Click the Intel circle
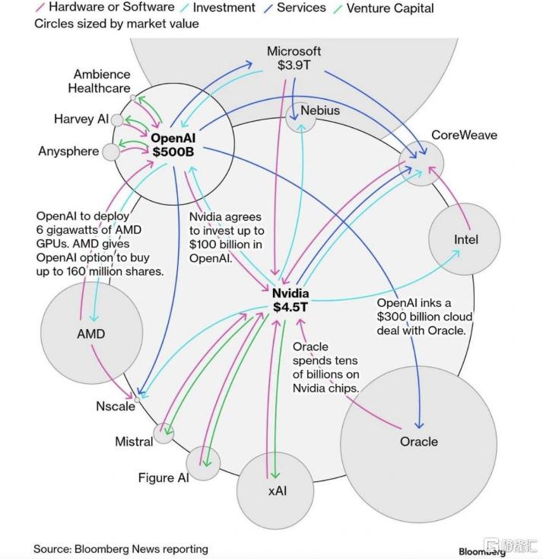point(465,239)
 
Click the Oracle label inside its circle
point(419,442)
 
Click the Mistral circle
point(164,433)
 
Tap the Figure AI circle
point(204,462)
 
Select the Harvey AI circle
point(117,120)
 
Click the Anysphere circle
point(111,152)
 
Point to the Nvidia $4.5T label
point(291,300)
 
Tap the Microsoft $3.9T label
point(294,58)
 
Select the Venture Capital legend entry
point(389,8)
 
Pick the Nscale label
point(116,406)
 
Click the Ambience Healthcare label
point(101,81)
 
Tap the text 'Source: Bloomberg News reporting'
point(120,548)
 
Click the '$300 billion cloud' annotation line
point(424,317)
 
